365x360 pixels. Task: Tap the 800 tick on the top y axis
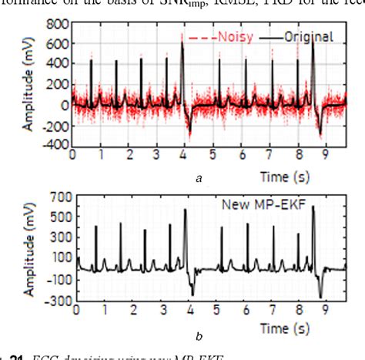pos(55,25)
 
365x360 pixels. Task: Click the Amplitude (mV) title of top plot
pos(28,85)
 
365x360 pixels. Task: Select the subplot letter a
pos(199,178)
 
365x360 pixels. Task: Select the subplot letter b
pos(199,336)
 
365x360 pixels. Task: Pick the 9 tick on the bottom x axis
pos(326,310)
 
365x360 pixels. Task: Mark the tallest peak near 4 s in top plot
pos(182,42)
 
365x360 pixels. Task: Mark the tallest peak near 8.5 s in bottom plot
pos(313,207)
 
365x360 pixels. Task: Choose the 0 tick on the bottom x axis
pos(76,310)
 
